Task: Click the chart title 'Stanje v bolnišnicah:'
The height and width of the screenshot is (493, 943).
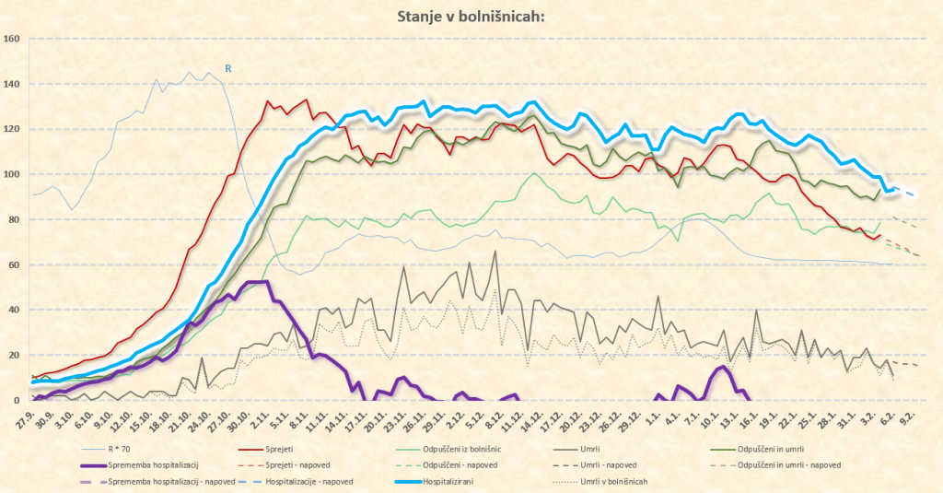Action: (471, 16)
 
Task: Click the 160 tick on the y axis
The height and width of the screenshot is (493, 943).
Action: (12, 39)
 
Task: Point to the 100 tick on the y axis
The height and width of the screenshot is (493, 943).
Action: (12, 174)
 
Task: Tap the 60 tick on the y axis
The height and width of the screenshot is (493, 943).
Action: (15, 264)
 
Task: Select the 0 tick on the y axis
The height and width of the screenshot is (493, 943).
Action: (17, 400)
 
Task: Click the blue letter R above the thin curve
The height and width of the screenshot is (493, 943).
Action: (228, 67)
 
